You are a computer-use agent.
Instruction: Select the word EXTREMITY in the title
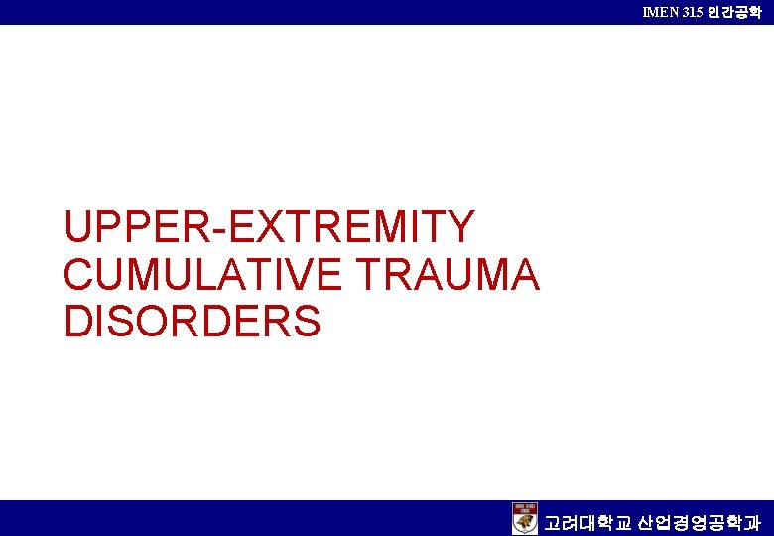pyautogui.click(x=352, y=227)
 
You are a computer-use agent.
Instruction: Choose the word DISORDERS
pyautogui.click(x=193, y=322)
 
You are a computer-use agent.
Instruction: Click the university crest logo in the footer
pyautogui.click(x=525, y=518)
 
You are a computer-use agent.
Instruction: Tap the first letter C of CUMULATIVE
pyautogui.click(x=79, y=275)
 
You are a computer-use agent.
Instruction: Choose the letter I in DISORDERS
pyautogui.click(x=101, y=322)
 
